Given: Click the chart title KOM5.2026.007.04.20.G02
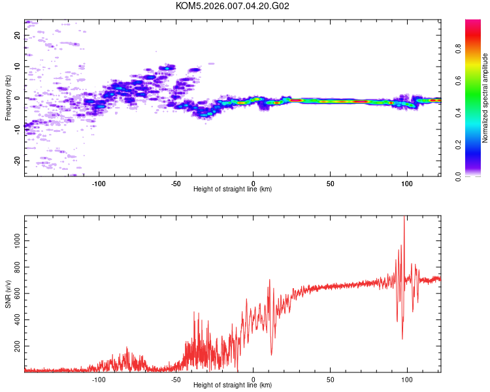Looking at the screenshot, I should tap(233, 7).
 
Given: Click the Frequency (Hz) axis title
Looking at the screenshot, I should tap(8, 98).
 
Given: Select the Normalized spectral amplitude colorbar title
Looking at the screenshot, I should tap(485, 98).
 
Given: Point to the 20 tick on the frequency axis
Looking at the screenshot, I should tap(17, 35).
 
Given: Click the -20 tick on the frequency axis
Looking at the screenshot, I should tap(17, 160).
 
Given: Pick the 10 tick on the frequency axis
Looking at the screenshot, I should tap(17, 67).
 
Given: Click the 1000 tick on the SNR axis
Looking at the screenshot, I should tap(17, 240).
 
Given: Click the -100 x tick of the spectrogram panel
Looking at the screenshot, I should tap(99, 184).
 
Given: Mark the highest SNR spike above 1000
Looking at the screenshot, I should tap(404, 218).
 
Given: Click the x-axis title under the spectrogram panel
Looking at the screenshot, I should tap(233, 189).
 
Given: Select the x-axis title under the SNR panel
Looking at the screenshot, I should tap(233, 385).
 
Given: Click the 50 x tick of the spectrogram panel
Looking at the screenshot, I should tap(331, 184).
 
